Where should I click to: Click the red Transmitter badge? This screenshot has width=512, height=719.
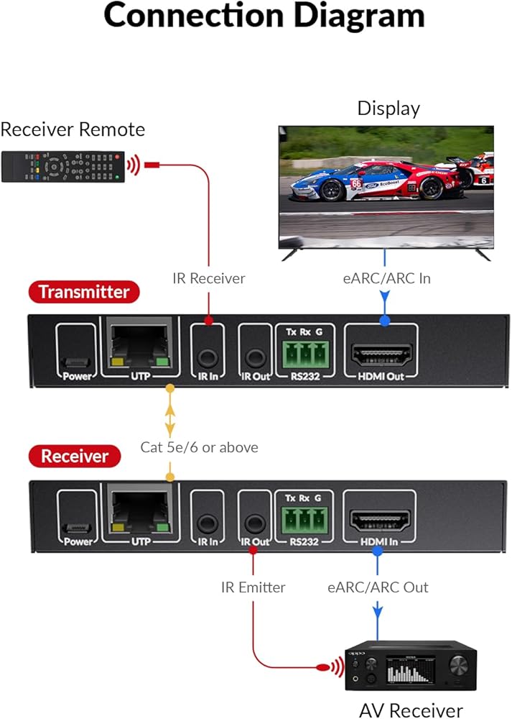(83, 292)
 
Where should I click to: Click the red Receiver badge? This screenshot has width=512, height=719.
(75, 456)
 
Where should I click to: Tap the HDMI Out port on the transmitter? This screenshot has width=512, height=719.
(381, 354)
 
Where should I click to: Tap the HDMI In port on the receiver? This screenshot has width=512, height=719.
(380, 519)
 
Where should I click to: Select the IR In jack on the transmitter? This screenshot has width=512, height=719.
(208, 357)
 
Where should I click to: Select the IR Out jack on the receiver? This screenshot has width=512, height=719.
(253, 522)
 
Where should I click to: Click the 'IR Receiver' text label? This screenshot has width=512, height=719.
(209, 278)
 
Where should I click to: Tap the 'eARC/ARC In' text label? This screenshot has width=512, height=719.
(386, 278)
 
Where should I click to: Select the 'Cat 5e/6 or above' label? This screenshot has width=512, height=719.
(199, 447)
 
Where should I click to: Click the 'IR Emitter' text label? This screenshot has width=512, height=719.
(253, 587)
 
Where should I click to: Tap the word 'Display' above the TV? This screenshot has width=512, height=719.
(388, 109)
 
